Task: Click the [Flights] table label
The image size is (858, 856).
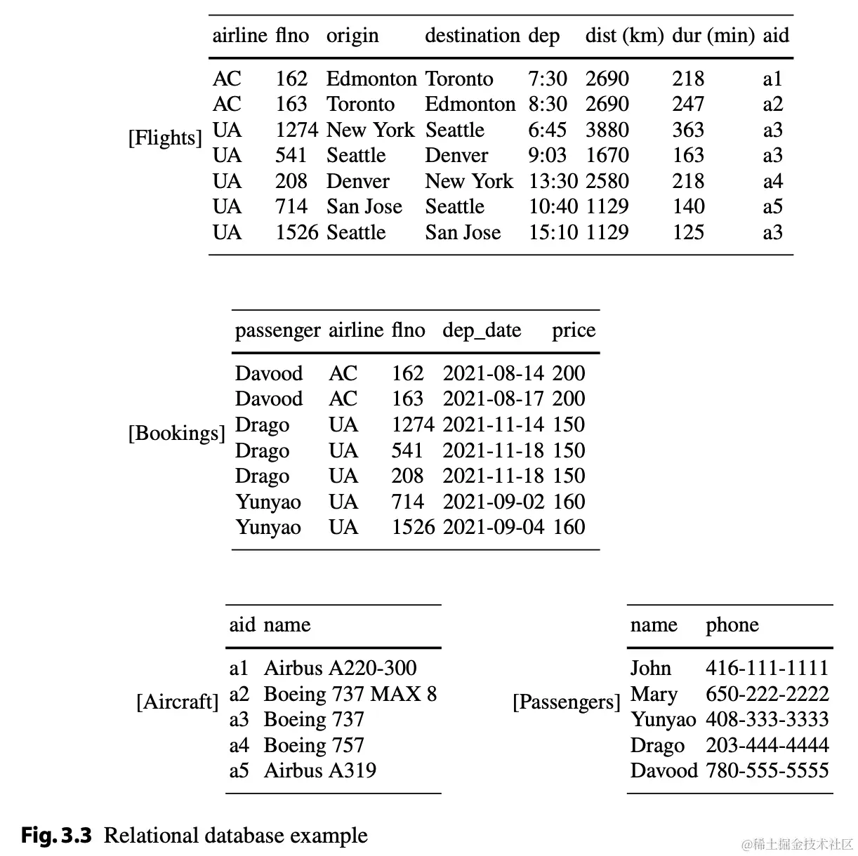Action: pos(165,138)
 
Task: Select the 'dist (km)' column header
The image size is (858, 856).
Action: pos(624,36)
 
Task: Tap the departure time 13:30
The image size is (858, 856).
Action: pos(553,181)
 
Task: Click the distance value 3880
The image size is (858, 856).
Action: pos(607,130)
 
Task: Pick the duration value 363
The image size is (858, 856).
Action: pos(687,130)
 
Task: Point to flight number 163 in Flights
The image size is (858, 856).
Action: pos(291,104)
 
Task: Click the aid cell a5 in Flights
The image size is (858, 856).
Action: pos(772,206)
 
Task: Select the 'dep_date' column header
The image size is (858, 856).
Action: pos(482,330)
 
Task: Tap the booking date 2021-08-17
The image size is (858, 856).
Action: pos(493,399)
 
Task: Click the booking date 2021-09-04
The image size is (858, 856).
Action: pos(493,527)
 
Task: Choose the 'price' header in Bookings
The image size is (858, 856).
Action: pos(573,330)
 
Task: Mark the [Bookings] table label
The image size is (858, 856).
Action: pos(176,433)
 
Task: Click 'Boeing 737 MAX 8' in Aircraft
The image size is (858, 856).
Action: pos(350,694)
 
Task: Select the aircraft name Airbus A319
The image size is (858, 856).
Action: pos(319,770)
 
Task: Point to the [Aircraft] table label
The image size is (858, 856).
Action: pos(178,702)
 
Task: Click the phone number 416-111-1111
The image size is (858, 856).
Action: pos(767,668)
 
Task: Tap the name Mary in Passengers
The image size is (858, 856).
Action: pos(654,694)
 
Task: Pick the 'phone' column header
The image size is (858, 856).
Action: pos(732,624)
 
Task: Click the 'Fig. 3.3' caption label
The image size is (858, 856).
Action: pos(56,836)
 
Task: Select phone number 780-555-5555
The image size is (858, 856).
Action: pos(767,770)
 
